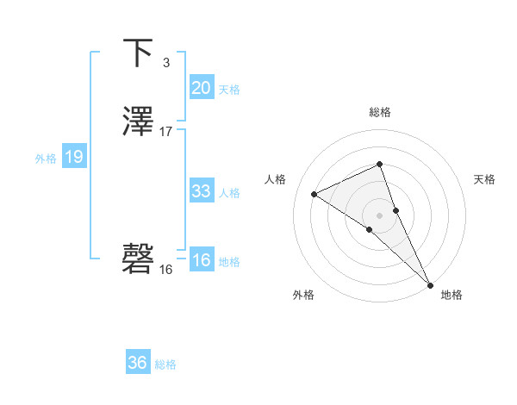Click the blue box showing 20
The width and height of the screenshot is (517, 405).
pos(201,88)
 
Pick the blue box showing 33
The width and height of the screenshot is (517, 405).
pos(201,191)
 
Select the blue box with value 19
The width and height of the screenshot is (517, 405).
pos(73,157)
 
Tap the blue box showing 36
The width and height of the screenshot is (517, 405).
pos(138,363)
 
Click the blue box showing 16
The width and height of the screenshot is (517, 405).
pos(201,260)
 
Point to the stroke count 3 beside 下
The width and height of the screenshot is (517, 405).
pos(165,62)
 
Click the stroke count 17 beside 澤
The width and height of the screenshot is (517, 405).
pos(165,132)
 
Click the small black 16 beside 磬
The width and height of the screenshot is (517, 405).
pos(165,269)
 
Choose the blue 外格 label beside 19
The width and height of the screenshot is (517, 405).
pos(45,159)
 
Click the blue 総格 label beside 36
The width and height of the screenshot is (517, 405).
pos(165,364)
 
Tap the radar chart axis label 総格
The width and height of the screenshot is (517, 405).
pos(380,112)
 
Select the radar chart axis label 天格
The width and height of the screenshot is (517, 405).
pos(484,179)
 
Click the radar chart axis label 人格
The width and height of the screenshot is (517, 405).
pos(276,179)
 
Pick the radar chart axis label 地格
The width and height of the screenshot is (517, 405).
pos(452,295)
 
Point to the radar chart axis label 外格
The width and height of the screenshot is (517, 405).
pos(302,295)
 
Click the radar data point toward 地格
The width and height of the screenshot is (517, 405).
pos(429,283)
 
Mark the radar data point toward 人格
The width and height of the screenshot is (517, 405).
pos(315,194)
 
